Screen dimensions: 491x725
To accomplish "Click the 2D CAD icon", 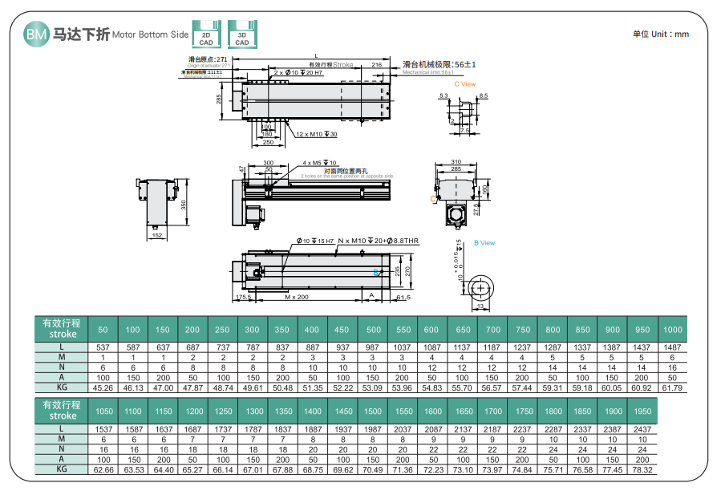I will tap(206, 33).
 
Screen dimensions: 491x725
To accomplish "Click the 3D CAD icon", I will tap(242, 33).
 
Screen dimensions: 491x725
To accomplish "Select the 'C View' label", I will tap(464, 83).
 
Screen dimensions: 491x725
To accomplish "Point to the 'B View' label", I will tap(484, 242).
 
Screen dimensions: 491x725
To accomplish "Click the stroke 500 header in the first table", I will tap(373, 330).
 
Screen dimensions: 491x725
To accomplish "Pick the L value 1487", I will tap(673, 347).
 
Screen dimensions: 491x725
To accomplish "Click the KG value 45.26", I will tap(103, 388).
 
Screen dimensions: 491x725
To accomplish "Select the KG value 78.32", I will tap(642, 470).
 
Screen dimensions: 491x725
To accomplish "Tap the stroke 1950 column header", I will tap(642, 412).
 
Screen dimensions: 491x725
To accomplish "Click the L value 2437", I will tap(642, 429).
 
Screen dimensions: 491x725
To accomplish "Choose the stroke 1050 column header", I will tap(103, 412).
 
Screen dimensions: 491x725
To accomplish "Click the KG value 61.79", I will tap(673, 388).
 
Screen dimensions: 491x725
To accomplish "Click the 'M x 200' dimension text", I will tap(296, 297).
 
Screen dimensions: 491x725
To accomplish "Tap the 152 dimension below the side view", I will tap(157, 235).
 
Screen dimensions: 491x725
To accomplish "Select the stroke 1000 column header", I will tap(673, 330).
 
